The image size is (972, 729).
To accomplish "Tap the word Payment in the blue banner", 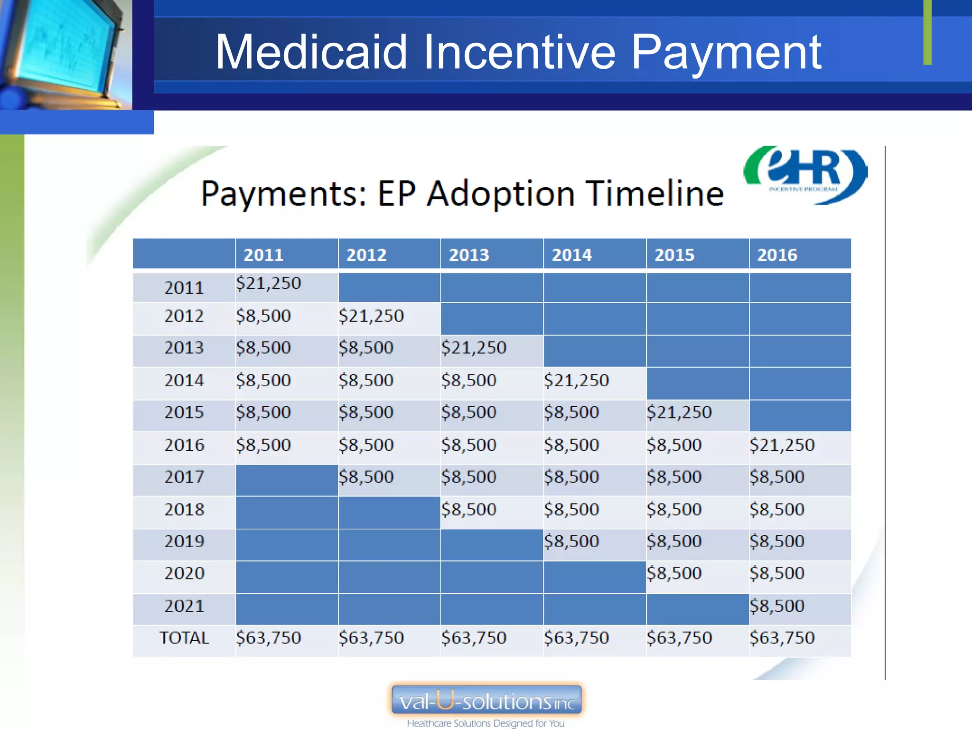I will pos(726,53).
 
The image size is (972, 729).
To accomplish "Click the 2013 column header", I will pos(468,255).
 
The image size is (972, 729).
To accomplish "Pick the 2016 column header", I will pos(777,255).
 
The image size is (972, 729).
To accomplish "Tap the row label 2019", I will pos(184,541).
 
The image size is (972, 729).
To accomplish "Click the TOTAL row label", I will pos(184,637).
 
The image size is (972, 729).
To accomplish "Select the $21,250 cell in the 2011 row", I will pos(269,283).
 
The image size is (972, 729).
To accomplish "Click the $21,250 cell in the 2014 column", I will pos(576,380).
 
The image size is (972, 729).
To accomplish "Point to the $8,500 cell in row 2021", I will pos(777,606).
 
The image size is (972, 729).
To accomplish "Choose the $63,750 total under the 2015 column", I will pos(679,637).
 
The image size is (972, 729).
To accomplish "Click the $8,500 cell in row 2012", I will pos(263,316).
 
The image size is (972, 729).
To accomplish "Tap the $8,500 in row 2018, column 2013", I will pos(468,509).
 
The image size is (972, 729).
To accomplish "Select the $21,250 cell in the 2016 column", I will pos(782,445).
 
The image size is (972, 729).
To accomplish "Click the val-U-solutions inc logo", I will pos(486,700).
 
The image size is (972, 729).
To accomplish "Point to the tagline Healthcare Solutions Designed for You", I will pos(486,723).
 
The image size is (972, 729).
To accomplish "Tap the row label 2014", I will pos(184,380).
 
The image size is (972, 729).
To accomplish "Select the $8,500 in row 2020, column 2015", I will pos(674,573).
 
